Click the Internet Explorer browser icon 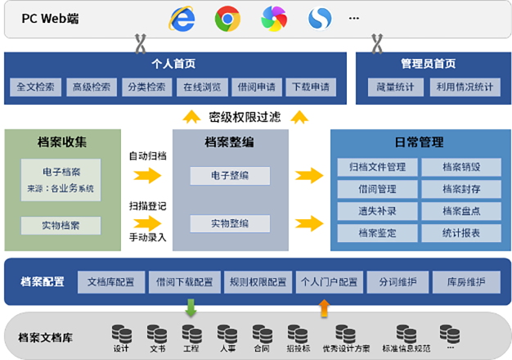pos(182,18)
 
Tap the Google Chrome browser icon pos(227,18)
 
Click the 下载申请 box pos(309,87)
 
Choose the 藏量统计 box pos(396,87)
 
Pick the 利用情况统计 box pos(464,87)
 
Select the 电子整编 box pos(230,176)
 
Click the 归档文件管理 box pos(377,168)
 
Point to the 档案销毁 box pos(460,168)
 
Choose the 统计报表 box pos(460,233)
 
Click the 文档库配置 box pos(111,283)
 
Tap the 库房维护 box pos(466,283)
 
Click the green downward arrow pos(191,308)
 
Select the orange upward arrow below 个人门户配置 pos(324,308)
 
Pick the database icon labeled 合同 pos(262,334)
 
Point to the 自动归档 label pos(147,155)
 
